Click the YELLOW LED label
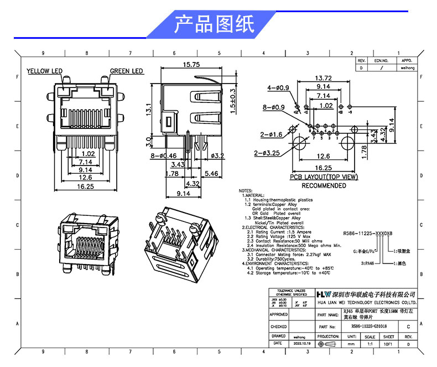[x=45, y=71]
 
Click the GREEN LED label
[x=127, y=71]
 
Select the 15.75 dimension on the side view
[x=191, y=65]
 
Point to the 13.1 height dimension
[x=149, y=108]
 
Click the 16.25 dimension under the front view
[x=86, y=187]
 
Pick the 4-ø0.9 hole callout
[x=278, y=88]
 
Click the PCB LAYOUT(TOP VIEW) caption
[x=324, y=177]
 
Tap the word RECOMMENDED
[x=324, y=186]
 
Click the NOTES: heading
[x=246, y=190]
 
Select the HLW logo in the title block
[x=324, y=294]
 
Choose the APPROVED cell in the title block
[x=279, y=314]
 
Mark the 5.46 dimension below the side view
[x=211, y=174]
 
